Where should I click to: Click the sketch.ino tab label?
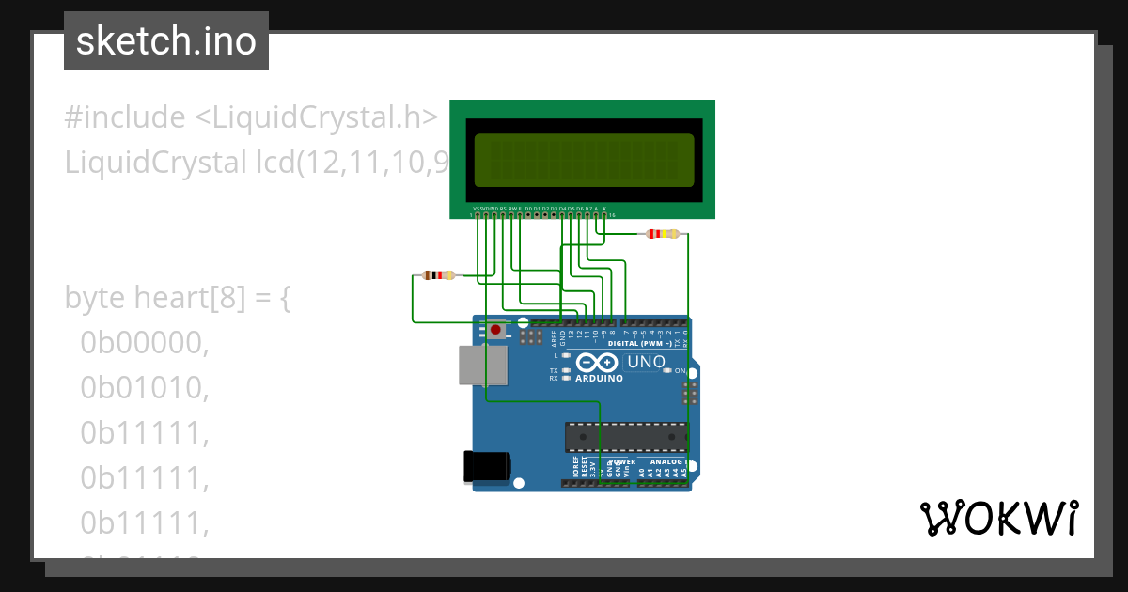click(x=166, y=41)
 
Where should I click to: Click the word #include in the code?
click(x=125, y=117)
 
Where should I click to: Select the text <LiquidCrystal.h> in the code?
click(x=317, y=117)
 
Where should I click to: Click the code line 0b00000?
click(x=144, y=343)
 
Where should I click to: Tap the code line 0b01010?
click(x=144, y=387)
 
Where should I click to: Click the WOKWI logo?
click(x=998, y=518)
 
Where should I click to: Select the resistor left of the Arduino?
click(x=438, y=275)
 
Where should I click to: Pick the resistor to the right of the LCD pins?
click(x=664, y=234)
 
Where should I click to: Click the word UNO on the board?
click(x=646, y=362)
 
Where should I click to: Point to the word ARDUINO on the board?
click(x=598, y=379)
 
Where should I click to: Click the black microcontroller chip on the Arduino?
click(x=626, y=437)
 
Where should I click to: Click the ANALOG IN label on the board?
click(x=666, y=462)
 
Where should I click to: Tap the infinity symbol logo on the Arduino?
click(x=597, y=363)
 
